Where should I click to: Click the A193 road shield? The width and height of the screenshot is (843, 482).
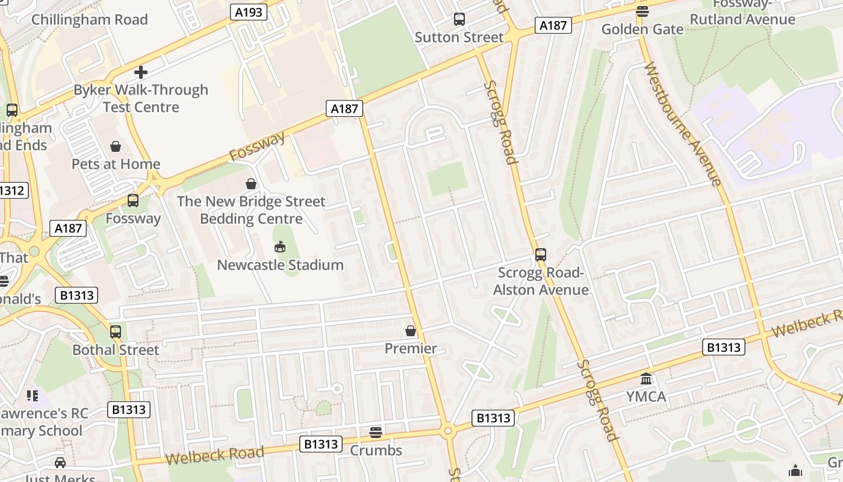click(x=249, y=11)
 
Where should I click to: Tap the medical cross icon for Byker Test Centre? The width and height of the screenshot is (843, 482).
click(x=141, y=72)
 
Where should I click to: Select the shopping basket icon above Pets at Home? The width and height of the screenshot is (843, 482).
click(x=116, y=146)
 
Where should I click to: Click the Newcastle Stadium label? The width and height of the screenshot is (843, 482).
click(x=280, y=264)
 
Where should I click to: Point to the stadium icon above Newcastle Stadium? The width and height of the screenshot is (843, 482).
click(x=280, y=246)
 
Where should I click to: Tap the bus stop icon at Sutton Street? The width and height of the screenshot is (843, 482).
click(x=459, y=19)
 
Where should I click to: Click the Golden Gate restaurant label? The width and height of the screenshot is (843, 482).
click(x=642, y=29)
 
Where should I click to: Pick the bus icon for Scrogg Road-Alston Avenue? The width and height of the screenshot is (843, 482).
click(x=541, y=255)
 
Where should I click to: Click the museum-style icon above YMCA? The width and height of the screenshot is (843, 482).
click(x=647, y=379)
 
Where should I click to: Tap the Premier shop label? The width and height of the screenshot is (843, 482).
click(x=411, y=348)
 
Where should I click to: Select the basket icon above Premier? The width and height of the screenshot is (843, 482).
click(x=411, y=331)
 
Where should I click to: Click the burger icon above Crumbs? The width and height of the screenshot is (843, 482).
click(x=376, y=432)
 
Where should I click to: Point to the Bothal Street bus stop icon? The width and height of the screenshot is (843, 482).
click(x=116, y=331)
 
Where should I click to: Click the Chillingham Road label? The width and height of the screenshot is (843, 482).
click(x=89, y=19)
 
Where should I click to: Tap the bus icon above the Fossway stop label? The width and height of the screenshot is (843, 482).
click(x=133, y=201)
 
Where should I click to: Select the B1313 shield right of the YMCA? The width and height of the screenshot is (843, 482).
click(x=724, y=347)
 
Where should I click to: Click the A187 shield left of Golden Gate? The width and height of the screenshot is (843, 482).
click(x=553, y=25)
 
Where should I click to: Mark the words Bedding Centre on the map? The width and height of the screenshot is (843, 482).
click(x=251, y=218)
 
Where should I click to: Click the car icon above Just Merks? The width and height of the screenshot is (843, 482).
click(x=60, y=463)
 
